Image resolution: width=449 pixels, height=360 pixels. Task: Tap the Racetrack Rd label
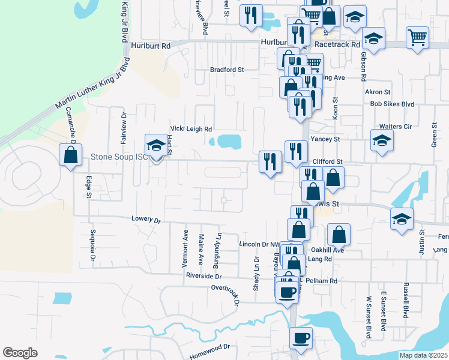(x=337, y=44)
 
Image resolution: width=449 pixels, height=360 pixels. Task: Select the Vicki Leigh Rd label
(x=191, y=129)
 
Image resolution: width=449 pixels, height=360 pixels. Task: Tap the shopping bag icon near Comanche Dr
(x=71, y=155)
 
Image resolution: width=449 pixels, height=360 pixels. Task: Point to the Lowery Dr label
(x=146, y=220)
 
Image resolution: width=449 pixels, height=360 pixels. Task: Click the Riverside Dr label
(x=204, y=277)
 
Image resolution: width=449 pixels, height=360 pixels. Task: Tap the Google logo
(x=20, y=353)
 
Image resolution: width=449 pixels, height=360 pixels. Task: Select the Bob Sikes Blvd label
(x=393, y=104)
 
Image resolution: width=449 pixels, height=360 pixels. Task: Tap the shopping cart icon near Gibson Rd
(x=417, y=37)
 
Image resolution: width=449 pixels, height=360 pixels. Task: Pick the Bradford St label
(x=227, y=70)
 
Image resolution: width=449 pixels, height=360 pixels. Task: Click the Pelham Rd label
(x=322, y=281)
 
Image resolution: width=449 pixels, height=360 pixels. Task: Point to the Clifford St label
(x=328, y=161)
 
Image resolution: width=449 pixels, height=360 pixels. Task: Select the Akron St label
(x=378, y=92)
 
